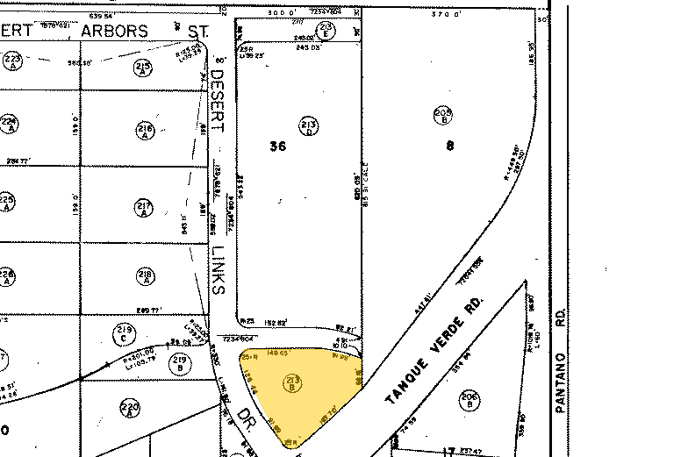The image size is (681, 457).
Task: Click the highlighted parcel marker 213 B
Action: coord(292,382)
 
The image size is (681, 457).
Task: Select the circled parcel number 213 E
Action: coord(326,29)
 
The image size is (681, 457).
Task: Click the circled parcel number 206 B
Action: coord(468,403)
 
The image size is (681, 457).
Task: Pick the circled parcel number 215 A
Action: coord(143,68)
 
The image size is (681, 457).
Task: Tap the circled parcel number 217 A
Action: coord(145,208)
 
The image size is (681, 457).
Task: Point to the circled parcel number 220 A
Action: coord(129,408)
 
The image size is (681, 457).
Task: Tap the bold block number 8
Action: coord(450,146)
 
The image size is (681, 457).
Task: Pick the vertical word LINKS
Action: coord(219,268)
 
